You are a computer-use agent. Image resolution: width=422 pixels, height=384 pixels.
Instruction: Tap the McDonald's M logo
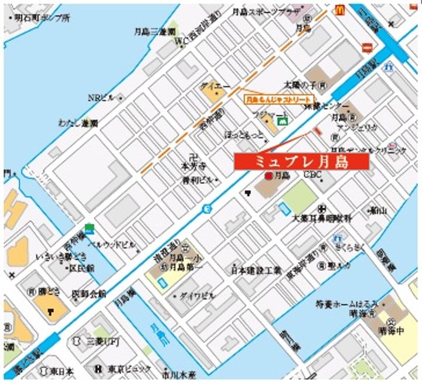click(x=339, y=9)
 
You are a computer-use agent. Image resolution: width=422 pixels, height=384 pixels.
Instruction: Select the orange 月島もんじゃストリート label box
click(x=279, y=100)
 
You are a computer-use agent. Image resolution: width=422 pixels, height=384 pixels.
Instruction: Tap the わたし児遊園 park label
click(x=78, y=123)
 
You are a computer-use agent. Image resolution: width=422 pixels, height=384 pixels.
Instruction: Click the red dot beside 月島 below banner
click(x=268, y=176)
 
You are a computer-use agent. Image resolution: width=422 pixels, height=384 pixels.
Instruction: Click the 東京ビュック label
click(x=129, y=369)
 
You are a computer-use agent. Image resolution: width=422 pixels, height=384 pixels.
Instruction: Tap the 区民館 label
click(x=82, y=267)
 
